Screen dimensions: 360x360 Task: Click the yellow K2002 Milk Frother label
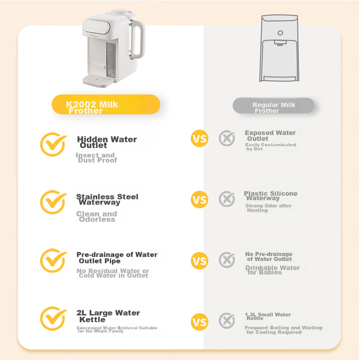106,104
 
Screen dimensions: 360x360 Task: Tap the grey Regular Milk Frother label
273,106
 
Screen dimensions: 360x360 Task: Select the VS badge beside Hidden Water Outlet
199,138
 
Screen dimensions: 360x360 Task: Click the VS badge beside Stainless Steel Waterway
199,199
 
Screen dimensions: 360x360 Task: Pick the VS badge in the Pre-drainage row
199,261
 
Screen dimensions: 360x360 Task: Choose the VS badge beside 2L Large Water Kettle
199,322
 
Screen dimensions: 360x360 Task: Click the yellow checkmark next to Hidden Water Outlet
53,144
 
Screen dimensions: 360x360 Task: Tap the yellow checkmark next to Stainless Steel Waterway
53,202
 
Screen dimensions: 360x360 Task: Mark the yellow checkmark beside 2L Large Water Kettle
53,318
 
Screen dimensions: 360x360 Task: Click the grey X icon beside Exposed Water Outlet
227,138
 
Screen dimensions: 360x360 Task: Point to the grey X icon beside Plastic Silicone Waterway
227,199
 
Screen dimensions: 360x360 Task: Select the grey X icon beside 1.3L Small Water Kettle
227,321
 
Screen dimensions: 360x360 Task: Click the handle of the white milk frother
138,40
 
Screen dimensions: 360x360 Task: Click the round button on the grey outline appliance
280,33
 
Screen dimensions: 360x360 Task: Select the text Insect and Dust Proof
96,157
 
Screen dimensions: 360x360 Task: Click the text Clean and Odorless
96,216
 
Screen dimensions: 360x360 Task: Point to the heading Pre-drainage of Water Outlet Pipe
117,257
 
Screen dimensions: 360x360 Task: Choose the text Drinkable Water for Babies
272,270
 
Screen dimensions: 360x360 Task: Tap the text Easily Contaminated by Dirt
270,146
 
